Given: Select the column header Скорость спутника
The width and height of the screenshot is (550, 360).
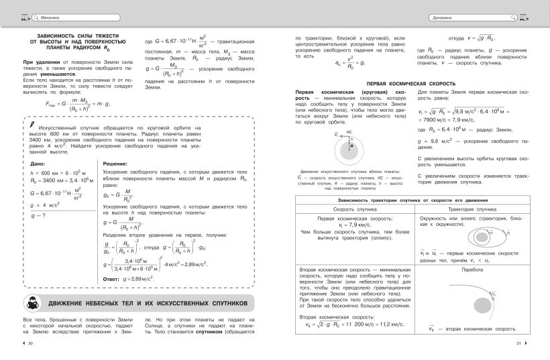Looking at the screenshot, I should pyautogui.click(x=355, y=210).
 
